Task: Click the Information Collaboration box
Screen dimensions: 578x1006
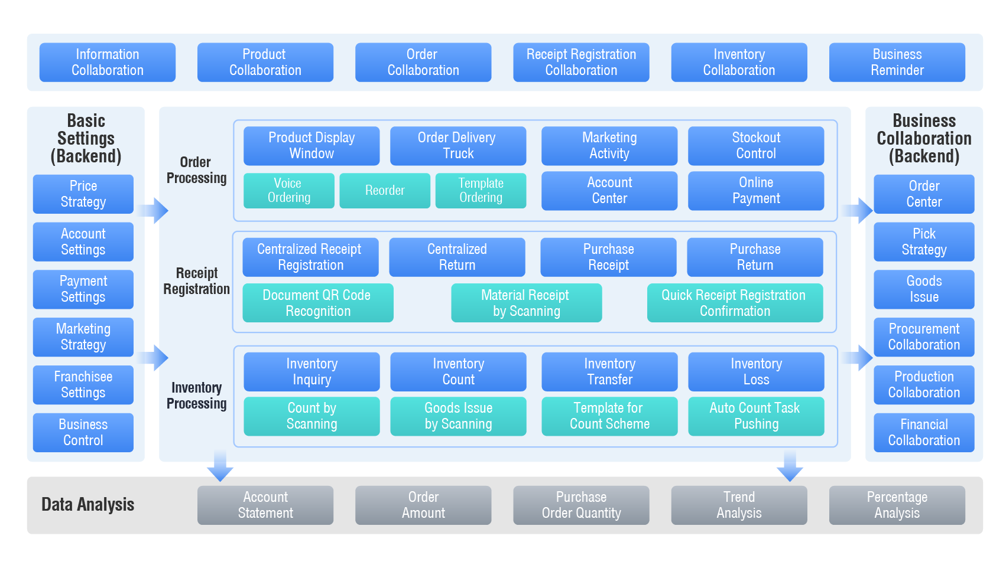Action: click(107, 62)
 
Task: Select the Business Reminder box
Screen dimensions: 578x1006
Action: click(897, 62)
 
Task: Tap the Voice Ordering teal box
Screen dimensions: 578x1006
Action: click(288, 190)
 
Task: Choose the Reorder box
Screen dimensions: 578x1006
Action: click(385, 190)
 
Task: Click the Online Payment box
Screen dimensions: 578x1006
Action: click(756, 190)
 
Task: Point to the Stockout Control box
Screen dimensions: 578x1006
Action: click(756, 145)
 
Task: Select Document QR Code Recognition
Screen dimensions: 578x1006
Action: click(317, 303)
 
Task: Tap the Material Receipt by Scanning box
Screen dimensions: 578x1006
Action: click(526, 303)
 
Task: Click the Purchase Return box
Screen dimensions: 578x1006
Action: click(755, 257)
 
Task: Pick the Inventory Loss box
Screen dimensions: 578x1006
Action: click(756, 371)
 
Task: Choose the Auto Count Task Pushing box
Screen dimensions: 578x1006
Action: click(756, 416)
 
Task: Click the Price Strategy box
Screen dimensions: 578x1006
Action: click(83, 194)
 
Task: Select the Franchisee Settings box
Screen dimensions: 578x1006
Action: click(83, 384)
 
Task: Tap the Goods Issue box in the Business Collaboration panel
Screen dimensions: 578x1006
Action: click(924, 289)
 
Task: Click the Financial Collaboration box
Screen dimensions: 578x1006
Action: click(924, 432)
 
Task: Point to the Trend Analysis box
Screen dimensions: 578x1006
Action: click(739, 505)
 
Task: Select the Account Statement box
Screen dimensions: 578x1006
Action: click(265, 505)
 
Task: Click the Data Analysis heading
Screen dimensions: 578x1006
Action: click(88, 505)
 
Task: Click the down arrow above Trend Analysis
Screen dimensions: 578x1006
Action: click(790, 468)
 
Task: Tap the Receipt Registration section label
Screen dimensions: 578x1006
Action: click(197, 281)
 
